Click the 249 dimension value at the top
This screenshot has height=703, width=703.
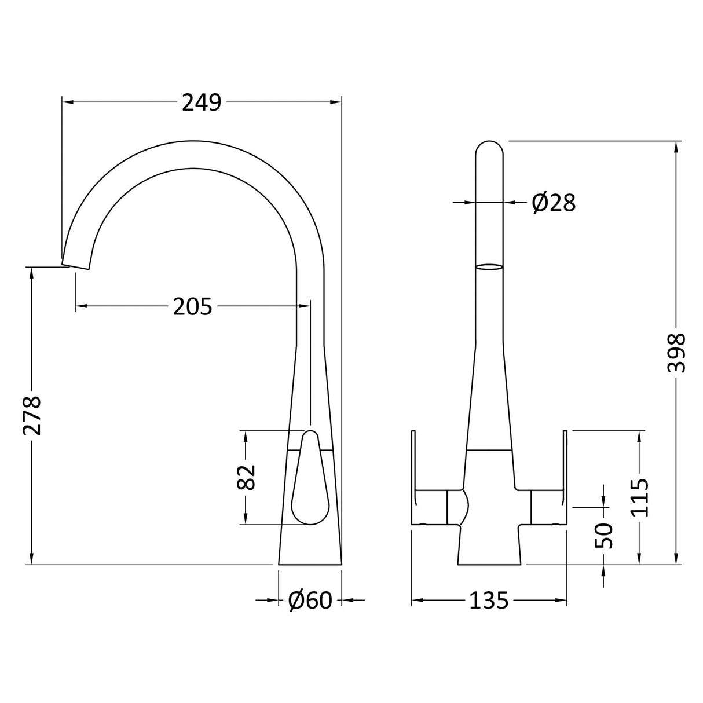click(x=202, y=103)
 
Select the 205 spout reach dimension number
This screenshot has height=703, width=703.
click(x=192, y=306)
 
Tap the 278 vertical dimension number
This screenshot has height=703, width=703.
click(x=31, y=415)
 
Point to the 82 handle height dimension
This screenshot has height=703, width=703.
click(x=247, y=477)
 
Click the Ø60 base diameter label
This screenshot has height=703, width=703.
click(x=310, y=601)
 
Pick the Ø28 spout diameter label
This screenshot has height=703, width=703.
click(x=554, y=202)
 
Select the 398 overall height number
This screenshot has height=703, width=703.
click(x=676, y=353)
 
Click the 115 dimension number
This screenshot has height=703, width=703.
click(x=639, y=497)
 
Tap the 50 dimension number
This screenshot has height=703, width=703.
click(x=604, y=536)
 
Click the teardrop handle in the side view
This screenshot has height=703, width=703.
click(x=309, y=481)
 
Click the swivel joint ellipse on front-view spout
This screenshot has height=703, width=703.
click(x=489, y=267)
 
